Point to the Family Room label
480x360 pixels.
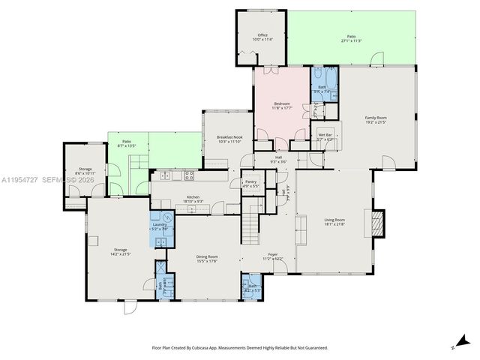(376, 118)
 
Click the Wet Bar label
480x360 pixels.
(324, 136)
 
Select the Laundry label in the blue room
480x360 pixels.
(159, 226)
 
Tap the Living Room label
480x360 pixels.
(334, 221)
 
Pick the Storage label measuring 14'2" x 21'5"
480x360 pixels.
(121, 251)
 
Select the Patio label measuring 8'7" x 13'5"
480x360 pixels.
(126, 143)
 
